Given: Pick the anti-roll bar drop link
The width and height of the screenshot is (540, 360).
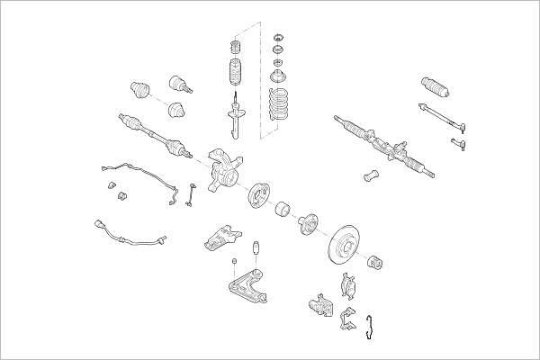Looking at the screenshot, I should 192,193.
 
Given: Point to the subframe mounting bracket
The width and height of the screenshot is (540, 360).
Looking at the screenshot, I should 220,238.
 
